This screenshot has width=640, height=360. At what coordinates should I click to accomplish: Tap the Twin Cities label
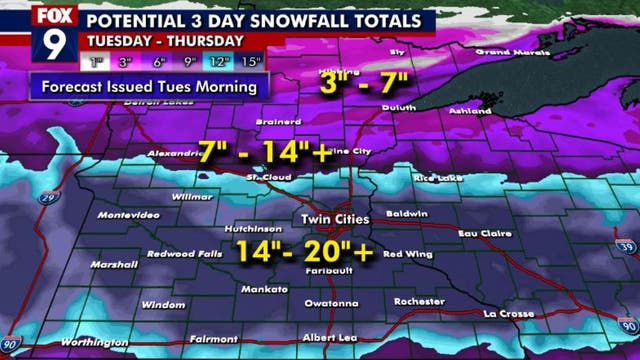335,219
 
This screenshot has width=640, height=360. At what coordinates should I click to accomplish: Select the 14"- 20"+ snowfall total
304,251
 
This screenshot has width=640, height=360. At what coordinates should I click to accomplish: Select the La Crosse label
510,315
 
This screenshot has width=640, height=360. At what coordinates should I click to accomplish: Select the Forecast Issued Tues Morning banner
149,87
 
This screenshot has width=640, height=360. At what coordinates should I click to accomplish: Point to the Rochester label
419,302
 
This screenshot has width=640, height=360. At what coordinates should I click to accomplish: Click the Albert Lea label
330,337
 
